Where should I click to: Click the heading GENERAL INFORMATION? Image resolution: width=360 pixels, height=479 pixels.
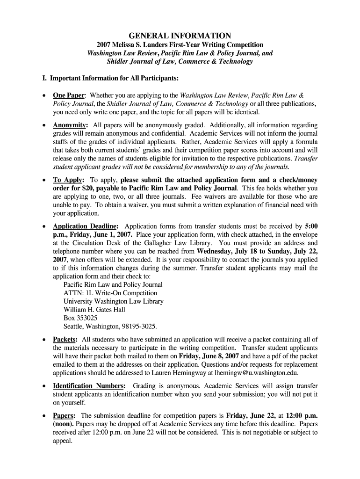coord(180,35)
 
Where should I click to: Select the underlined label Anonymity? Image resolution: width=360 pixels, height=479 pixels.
coord(70,125)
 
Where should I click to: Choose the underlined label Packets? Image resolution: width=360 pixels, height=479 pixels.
coord(65,339)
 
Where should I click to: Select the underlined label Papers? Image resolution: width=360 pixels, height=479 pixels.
coord(65,415)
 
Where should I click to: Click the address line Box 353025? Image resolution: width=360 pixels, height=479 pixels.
coord(80,318)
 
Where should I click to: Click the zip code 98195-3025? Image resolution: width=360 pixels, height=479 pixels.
coord(137,327)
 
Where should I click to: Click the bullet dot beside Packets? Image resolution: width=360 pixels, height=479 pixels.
coord(44,340)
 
